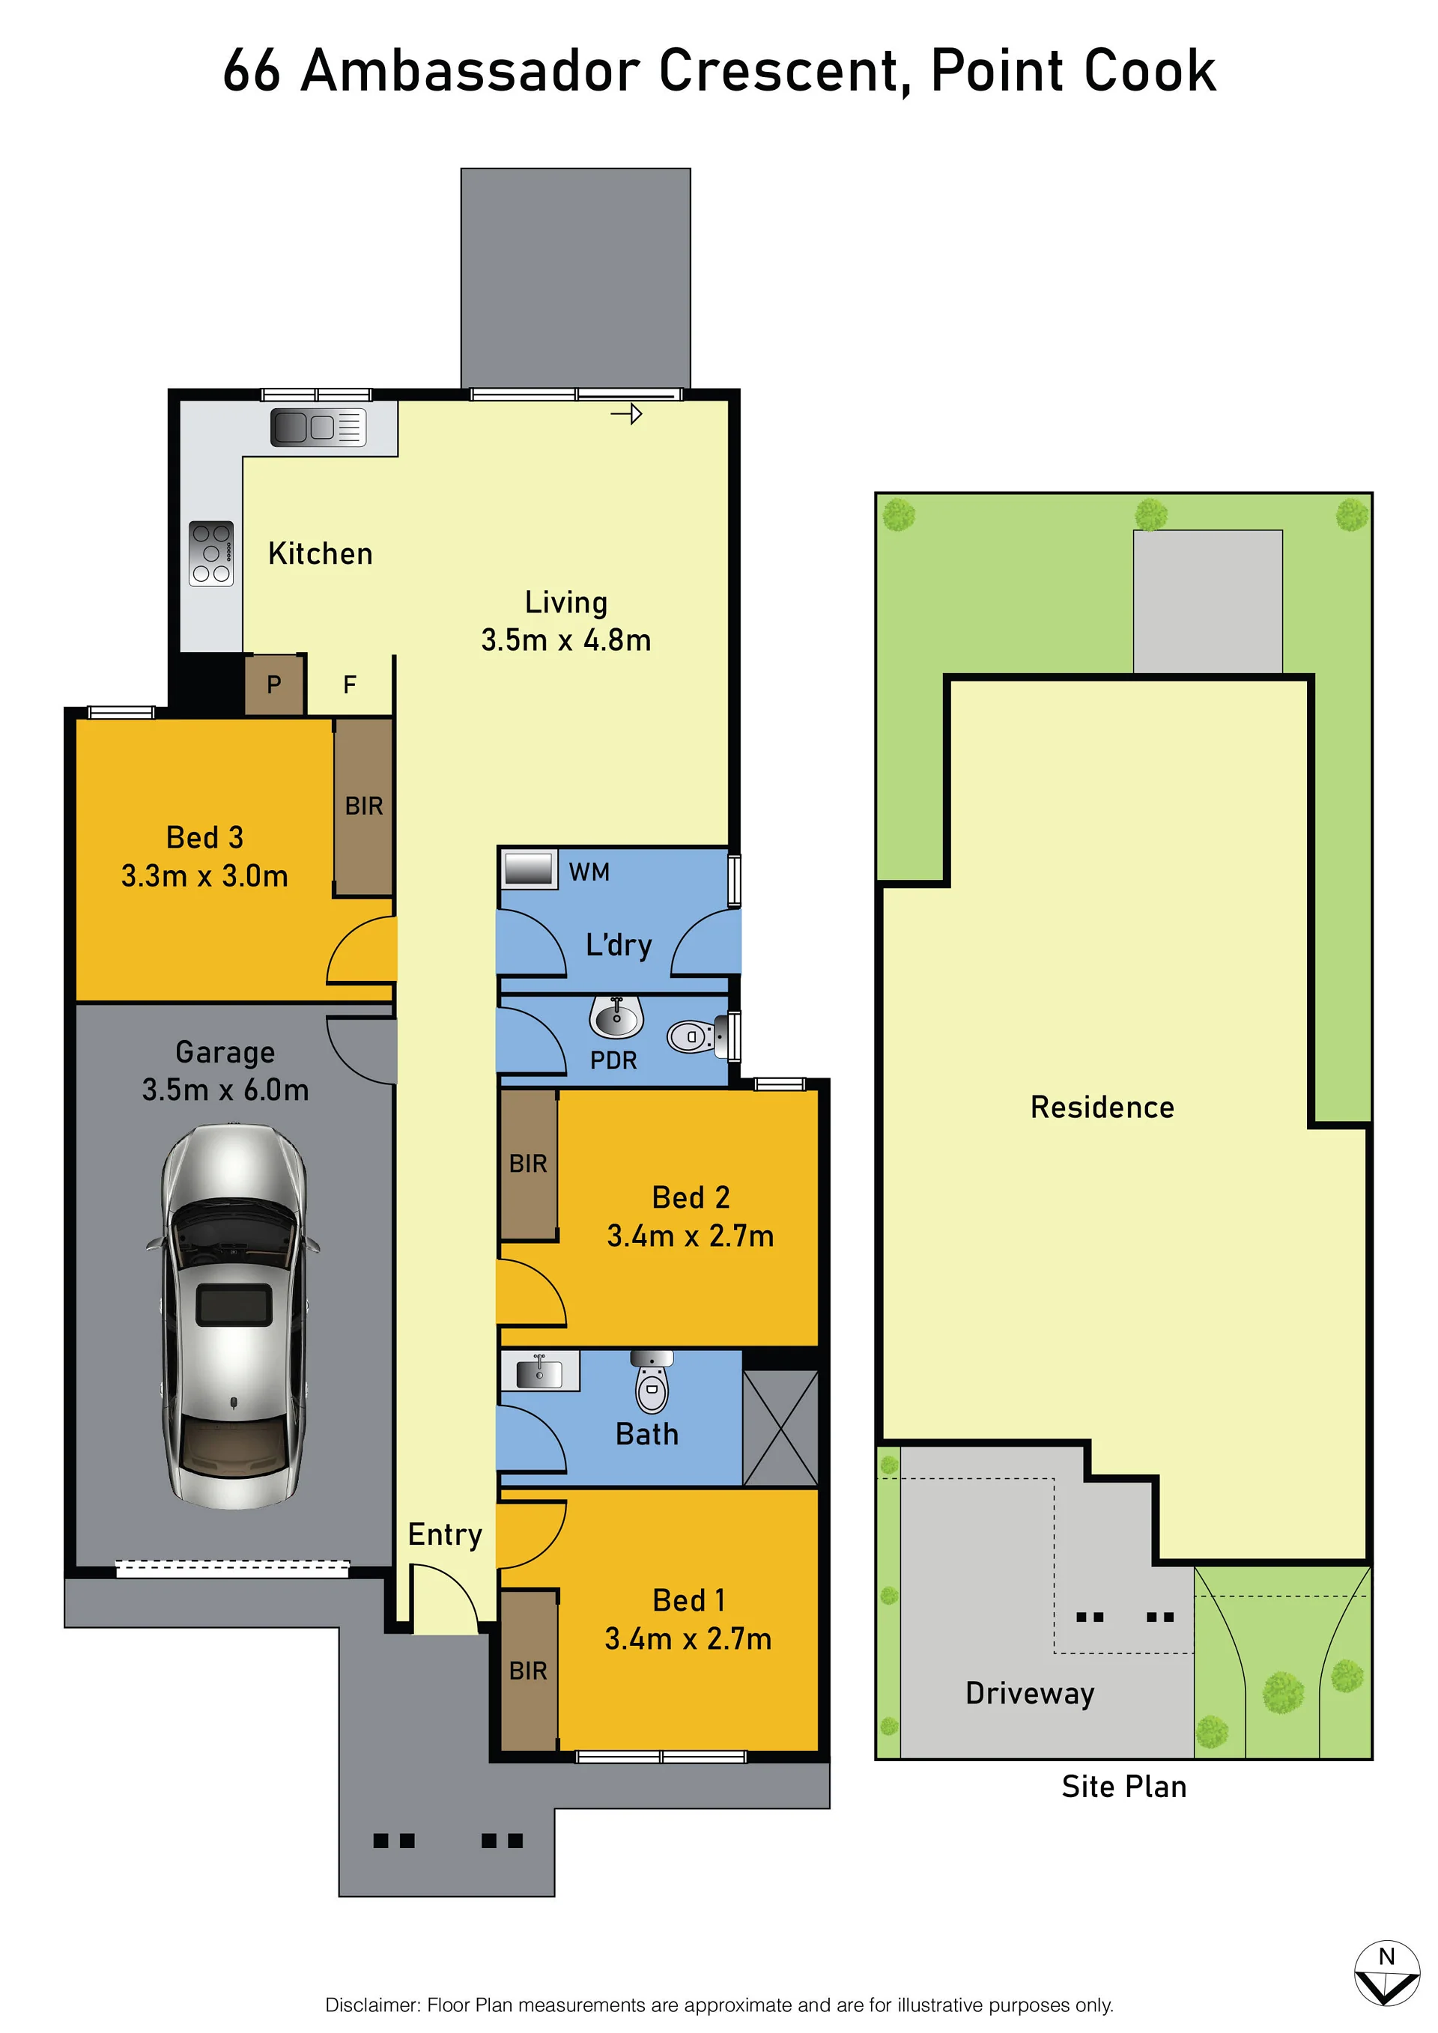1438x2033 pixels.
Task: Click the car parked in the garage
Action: point(233,1316)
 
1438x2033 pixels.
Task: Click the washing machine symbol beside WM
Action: point(530,869)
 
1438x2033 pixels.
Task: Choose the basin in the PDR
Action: point(616,1018)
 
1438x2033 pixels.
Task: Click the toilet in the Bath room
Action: point(652,1383)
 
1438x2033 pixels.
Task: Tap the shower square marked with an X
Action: point(780,1427)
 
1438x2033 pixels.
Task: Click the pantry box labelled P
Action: point(275,684)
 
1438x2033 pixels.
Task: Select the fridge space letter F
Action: point(350,684)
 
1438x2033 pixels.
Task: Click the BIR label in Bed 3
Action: point(364,806)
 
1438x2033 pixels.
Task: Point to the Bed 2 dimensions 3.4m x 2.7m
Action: point(690,1236)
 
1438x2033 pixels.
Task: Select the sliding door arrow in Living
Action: point(626,413)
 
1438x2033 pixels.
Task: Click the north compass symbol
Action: point(1386,1975)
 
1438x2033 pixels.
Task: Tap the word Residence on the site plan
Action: point(1102,1107)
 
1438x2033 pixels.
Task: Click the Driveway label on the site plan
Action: point(1030,1694)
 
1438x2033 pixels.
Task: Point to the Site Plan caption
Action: point(1123,1787)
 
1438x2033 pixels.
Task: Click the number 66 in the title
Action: point(252,71)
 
